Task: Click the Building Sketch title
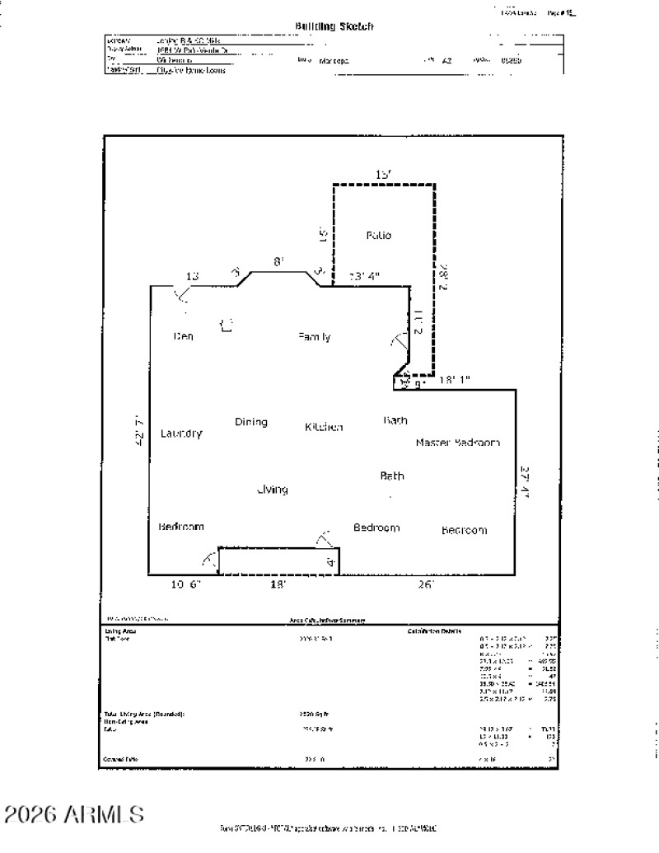tap(334, 26)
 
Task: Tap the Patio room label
tap(379, 236)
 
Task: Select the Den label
tap(183, 336)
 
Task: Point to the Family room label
tap(315, 336)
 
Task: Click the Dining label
tap(251, 422)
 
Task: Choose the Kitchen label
tap(324, 427)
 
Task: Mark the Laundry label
tap(181, 434)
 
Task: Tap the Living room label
tap(272, 490)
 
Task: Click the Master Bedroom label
tap(458, 443)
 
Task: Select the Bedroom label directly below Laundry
tap(181, 526)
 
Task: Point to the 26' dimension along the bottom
tap(426, 584)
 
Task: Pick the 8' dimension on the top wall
tap(278, 261)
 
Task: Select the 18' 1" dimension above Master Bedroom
tap(454, 380)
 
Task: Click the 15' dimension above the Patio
tap(383, 175)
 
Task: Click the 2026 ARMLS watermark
tap(74, 815)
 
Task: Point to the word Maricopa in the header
tap(334, 60)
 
